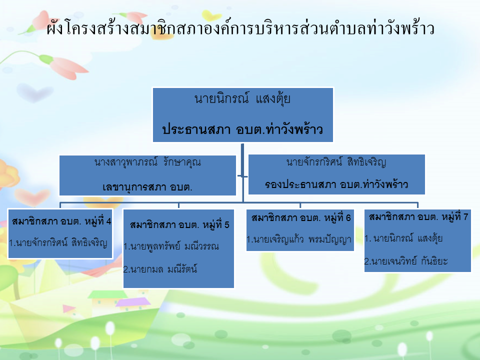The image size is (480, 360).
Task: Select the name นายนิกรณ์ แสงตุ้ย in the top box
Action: tap(242, 99)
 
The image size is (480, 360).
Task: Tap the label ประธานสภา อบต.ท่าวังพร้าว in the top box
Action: tap(242, 129)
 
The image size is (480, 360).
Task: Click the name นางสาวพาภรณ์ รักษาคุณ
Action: tap(147, 162)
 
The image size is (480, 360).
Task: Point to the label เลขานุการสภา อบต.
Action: tap(147, 186)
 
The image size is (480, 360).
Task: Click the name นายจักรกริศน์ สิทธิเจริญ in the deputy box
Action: tap(336, 162)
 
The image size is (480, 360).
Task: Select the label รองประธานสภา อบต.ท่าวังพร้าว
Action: tap(336, 184)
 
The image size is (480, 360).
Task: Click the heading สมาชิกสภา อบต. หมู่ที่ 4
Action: tap(61, 221)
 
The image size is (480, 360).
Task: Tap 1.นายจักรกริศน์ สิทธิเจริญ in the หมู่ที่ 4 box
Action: tap(58, 243)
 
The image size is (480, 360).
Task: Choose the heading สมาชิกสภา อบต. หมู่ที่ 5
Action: tap(179, 225)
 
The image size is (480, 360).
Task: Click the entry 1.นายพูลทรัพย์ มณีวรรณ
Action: tap(171, 246)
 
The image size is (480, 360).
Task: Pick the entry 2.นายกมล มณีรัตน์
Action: tap(160, 269)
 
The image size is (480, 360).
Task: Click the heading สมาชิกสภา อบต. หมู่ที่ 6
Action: tap(301, 218)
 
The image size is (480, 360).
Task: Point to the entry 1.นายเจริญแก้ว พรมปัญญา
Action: tap(299, 239)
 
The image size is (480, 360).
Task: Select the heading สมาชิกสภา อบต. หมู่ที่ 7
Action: tap(418, 217)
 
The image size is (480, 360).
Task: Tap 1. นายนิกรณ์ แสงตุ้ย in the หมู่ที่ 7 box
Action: tap(403, 238)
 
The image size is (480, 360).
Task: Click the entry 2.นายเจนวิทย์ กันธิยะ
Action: tap(406, 261)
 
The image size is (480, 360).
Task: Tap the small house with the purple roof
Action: tap(132, 303)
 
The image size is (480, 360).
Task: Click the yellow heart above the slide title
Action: tap(211, 15)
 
